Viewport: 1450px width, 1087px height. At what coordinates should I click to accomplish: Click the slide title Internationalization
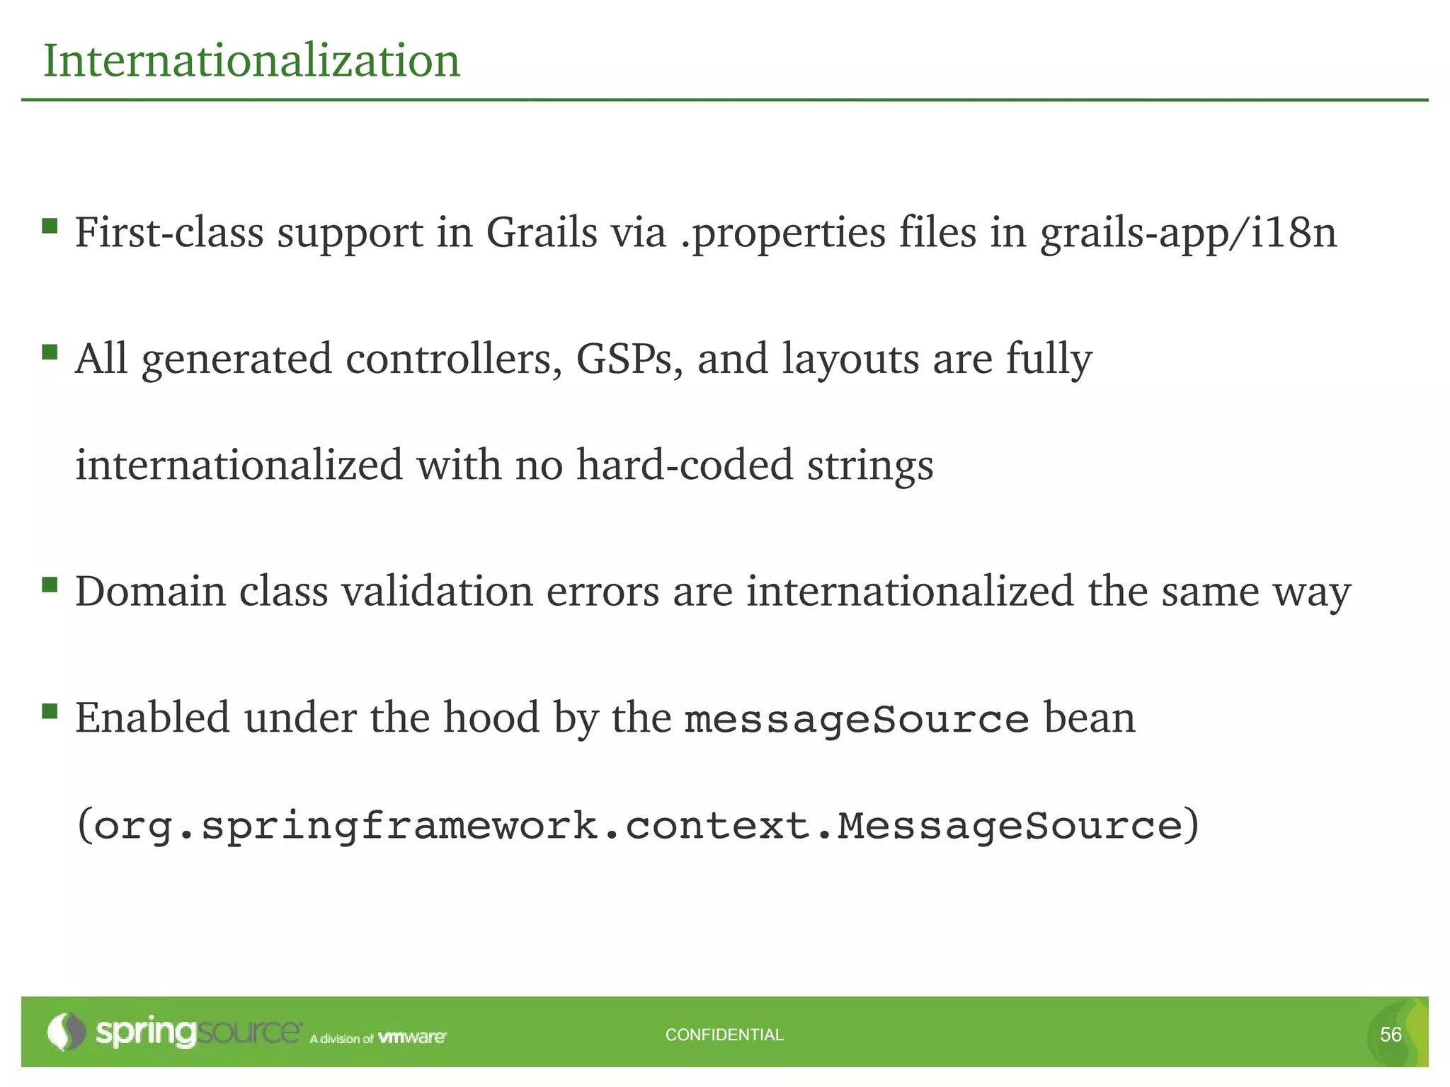point(251,61)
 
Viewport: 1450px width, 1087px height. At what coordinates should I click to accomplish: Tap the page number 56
point(1390,1035)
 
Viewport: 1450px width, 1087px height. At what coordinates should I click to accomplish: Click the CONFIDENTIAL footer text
point(724,1035)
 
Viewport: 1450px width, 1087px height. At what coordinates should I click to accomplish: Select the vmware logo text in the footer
point(412,1037)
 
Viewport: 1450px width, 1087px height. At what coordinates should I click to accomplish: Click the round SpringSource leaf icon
point(66,1032)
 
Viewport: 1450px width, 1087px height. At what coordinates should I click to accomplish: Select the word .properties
point(782,234)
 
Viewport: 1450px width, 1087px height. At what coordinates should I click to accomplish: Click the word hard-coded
point(684,465)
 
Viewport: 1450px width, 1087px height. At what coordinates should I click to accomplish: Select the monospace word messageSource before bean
point(857,720)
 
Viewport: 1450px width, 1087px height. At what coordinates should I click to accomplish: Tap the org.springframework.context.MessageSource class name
point(637,826)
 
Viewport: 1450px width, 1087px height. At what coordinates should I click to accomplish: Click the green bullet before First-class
point(50,226)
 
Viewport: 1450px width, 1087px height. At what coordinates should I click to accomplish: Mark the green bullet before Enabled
point(50,711)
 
